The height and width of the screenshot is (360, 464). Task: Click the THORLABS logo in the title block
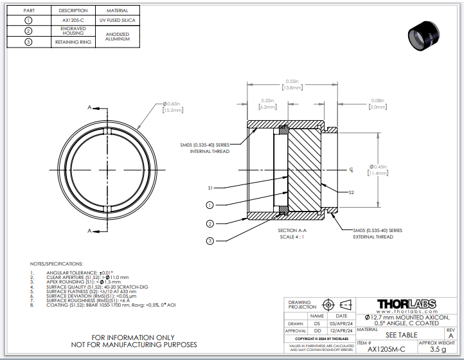406,304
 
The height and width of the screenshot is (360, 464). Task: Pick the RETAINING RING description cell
73,42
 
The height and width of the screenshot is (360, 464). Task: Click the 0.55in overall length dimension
293,84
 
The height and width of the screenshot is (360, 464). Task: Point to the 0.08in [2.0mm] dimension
378,104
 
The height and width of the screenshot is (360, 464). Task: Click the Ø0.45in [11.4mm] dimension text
379,170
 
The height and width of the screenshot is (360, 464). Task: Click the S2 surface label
351,192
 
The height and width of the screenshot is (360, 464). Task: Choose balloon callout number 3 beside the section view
210,240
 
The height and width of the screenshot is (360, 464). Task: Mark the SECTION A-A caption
292,230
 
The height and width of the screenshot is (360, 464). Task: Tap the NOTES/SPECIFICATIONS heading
57,264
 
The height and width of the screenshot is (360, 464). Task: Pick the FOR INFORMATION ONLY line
133,337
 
